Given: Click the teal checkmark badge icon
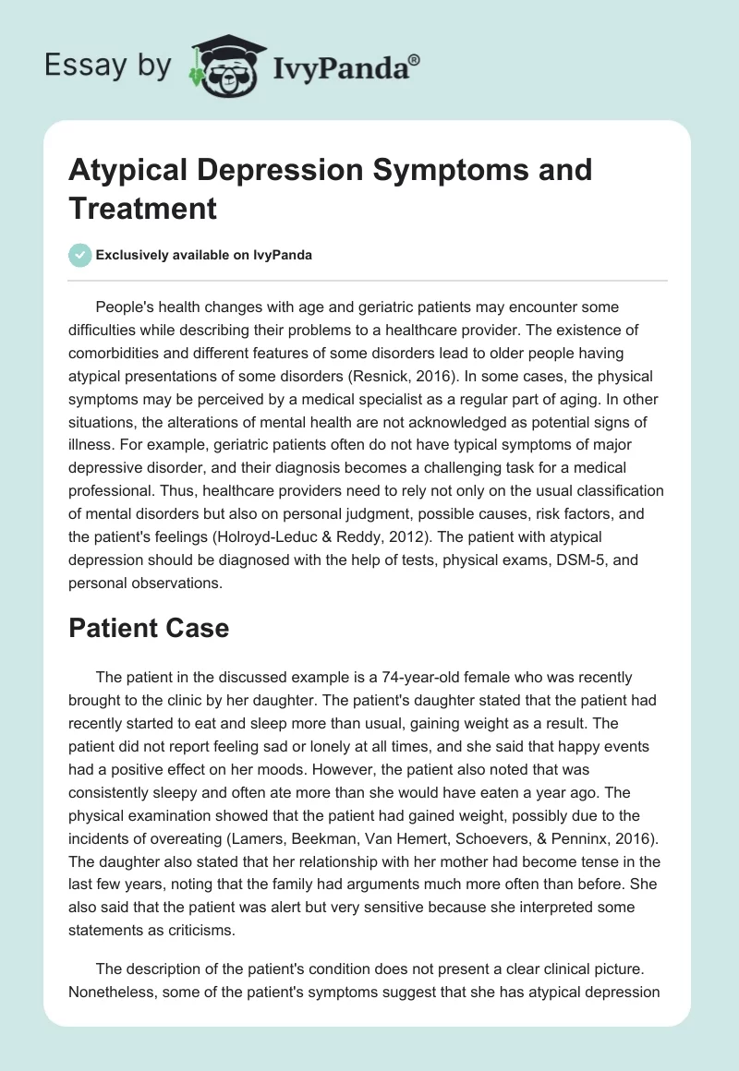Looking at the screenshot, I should pyautogui.click(x=80, y=255).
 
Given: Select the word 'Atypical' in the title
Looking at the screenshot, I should pyautogui.click(x=130, y=171).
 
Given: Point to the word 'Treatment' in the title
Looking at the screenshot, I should pyautogui.click(x=142, y=208).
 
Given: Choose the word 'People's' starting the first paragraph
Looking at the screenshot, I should pyautogui.click(x=125, y=307).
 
